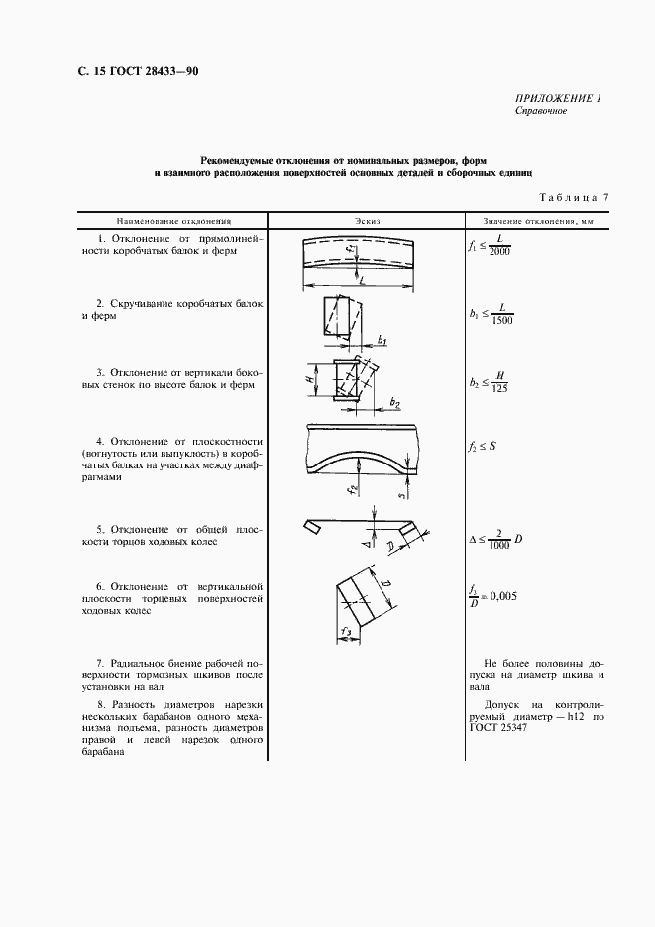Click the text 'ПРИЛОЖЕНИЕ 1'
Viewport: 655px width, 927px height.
click(x=558, y=98)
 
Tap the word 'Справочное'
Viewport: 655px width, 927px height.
click(x=540, y=111)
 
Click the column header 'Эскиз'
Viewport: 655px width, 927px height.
click(x=367, y=221)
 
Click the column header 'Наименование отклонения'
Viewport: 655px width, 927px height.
click(x=173, y=221)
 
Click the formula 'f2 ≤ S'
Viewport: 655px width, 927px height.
click(x=482, y=446)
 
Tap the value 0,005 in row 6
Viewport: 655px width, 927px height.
click(x=500, y=596)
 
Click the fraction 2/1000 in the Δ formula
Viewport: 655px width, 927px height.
click(x=498, y=538)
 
